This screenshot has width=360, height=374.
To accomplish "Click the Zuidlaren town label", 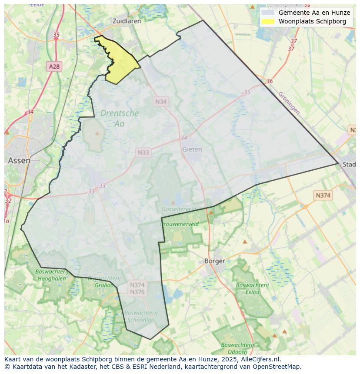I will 127,20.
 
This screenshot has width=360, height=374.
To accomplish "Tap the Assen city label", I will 19,160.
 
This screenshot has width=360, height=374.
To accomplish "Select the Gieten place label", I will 192,149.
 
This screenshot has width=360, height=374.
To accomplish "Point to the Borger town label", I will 215,261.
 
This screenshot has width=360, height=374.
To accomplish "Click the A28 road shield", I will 54,66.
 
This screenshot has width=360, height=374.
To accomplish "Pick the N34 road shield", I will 161,101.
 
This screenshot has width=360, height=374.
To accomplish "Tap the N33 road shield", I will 143,152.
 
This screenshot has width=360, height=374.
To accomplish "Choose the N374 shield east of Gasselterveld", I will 323,195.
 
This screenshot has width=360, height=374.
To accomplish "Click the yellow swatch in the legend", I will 268,21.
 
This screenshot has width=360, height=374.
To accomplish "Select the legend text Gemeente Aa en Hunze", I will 314,13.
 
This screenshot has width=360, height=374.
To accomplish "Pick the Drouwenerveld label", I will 180,224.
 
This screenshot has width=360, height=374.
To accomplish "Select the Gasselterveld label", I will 178,209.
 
